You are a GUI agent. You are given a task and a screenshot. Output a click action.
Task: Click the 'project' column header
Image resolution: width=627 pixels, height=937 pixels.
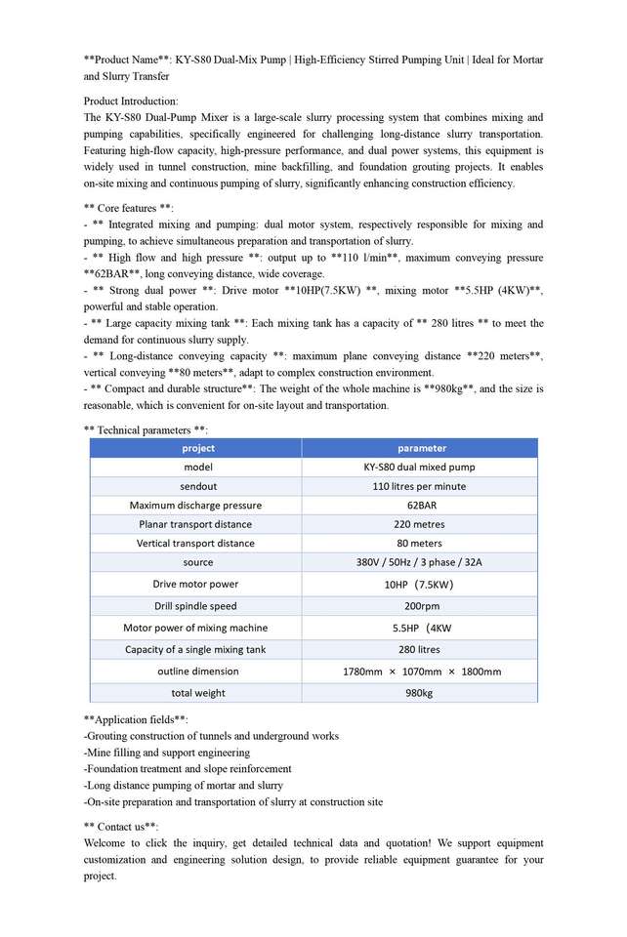[197, 448]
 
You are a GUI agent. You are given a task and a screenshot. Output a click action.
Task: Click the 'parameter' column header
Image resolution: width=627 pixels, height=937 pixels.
[421, 448]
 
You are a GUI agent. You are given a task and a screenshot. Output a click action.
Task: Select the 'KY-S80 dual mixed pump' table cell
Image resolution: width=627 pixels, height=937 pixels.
[421, 467]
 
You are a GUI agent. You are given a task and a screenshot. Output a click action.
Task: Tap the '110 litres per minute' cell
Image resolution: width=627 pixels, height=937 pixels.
[421, 486]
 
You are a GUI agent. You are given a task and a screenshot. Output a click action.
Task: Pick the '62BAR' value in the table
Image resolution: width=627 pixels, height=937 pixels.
[421, 506]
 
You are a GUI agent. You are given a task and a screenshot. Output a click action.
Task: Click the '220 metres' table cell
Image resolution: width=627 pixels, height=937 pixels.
[421, 524]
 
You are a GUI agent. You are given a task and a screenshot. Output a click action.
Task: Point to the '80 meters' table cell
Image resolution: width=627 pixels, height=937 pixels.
[421, 544]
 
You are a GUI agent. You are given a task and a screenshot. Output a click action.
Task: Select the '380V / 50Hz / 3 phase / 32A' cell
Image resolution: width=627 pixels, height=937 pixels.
[421, 562]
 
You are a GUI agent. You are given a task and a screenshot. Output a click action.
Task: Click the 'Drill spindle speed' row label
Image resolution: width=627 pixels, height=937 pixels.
[196, 606]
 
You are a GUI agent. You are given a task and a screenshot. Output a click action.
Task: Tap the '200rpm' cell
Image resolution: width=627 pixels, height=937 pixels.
[421, 606]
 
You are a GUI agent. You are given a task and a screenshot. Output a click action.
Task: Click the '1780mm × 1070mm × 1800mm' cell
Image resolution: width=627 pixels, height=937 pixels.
[421, 672]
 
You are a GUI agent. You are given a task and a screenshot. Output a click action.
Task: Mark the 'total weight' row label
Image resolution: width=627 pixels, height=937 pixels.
[197, 693]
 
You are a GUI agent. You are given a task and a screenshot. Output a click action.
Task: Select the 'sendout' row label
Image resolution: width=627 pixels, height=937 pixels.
[197, 486]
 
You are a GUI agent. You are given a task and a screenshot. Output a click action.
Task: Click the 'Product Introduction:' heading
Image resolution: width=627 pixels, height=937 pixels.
[131, 101]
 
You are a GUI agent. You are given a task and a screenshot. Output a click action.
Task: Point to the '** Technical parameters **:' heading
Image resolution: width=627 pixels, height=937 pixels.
[146, 429]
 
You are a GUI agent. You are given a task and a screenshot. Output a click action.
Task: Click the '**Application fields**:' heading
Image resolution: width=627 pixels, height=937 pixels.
[136, 719]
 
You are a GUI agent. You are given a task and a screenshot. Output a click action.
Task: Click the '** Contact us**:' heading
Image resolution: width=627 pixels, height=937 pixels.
[121, 827]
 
